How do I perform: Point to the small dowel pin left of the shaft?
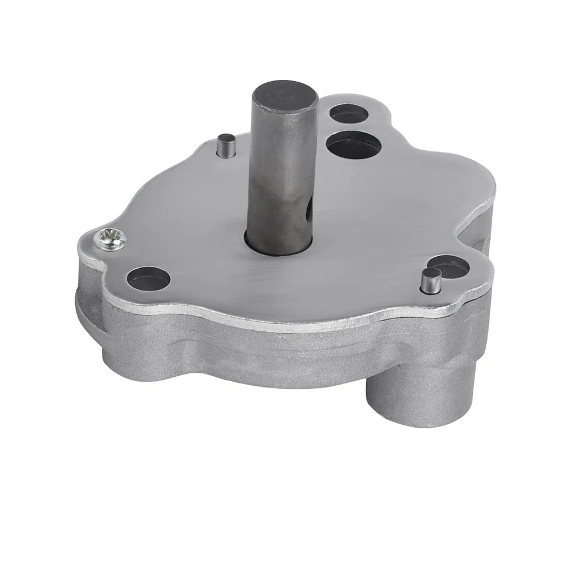click(x=225, y=144)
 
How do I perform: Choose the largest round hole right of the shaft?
click(x=353, y=144)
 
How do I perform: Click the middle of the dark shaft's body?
click(x=283, y=172)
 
